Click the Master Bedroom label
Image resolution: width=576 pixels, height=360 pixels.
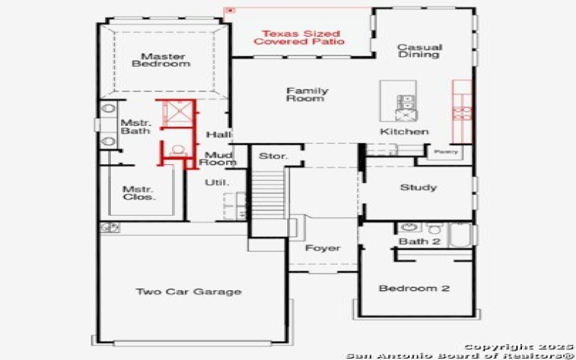161,60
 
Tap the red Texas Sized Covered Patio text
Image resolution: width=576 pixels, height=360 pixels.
299,37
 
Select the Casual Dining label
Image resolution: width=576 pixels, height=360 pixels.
419,50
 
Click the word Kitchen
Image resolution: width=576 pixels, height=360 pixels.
404,132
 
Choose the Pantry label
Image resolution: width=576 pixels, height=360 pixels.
446,152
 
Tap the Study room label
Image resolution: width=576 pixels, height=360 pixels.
418,187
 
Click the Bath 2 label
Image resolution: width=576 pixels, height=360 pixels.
419,241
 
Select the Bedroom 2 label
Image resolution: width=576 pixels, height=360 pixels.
414,289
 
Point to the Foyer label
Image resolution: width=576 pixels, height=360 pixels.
323,248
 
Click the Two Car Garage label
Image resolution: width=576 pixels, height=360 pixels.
189,292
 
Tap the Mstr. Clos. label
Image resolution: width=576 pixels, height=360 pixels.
138,193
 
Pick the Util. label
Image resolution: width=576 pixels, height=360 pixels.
217,182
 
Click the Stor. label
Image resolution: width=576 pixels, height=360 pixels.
274,156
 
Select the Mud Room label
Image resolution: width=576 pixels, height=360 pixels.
220,158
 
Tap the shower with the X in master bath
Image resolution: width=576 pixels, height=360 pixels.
178,112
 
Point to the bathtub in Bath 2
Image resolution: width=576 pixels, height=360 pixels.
461,235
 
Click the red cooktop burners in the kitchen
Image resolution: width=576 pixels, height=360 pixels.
463,113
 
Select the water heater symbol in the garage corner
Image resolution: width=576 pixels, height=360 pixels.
110,228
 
